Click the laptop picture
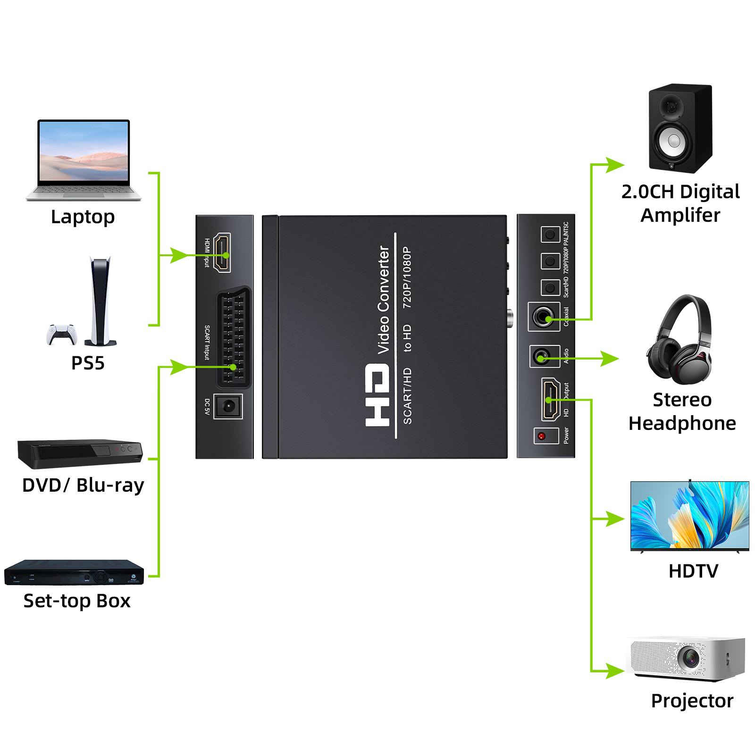coord(84,159)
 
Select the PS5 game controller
coord(61,333)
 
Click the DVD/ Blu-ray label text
coord(83,485)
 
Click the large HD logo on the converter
coord(378,394)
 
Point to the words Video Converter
coord(384,299)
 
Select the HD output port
coord(549,399)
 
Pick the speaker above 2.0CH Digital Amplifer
coord(680,128)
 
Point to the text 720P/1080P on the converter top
coord(407,278)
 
